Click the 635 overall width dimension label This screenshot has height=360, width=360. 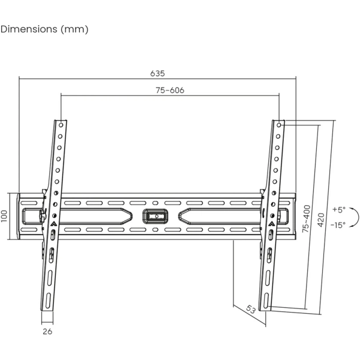(157, 73)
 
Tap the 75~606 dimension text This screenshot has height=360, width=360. (170, 90)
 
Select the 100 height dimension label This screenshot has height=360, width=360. (4, 216)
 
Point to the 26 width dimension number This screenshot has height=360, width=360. (47, 331)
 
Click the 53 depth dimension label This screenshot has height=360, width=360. (250, 309)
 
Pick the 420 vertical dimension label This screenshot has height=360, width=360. (321, 220)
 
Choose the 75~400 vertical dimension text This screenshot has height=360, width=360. (306, 219)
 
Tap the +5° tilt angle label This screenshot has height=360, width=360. (339, 209)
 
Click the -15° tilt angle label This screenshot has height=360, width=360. (338, 225)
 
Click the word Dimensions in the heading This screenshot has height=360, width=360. (29, 29)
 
